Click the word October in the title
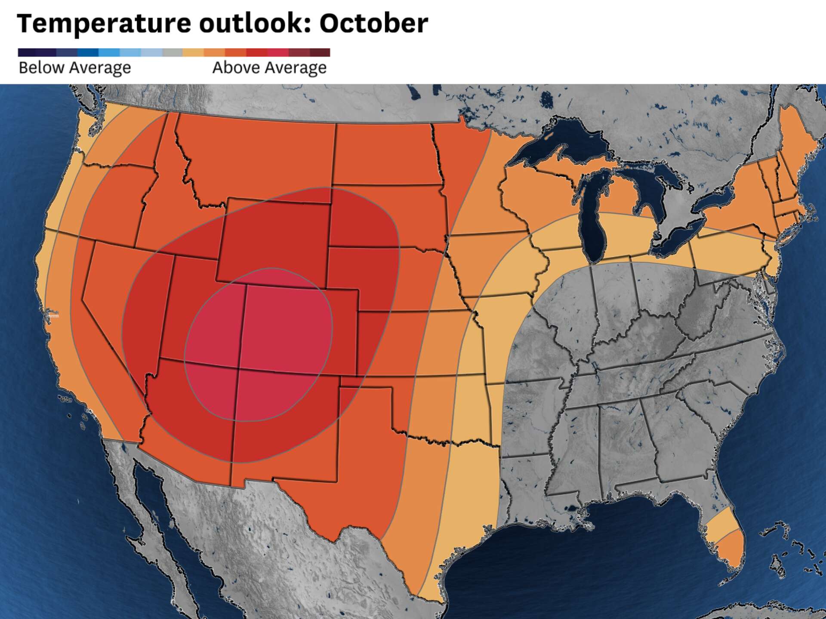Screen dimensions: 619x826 tap(373, 23)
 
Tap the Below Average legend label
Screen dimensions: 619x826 tap(75, 68)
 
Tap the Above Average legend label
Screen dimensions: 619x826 tap(269, 68)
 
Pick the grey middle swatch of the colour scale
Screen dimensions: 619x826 tap(173, 52)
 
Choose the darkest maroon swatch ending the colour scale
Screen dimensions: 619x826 tap(320, 52)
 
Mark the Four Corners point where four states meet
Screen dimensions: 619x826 tap(239, 368)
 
